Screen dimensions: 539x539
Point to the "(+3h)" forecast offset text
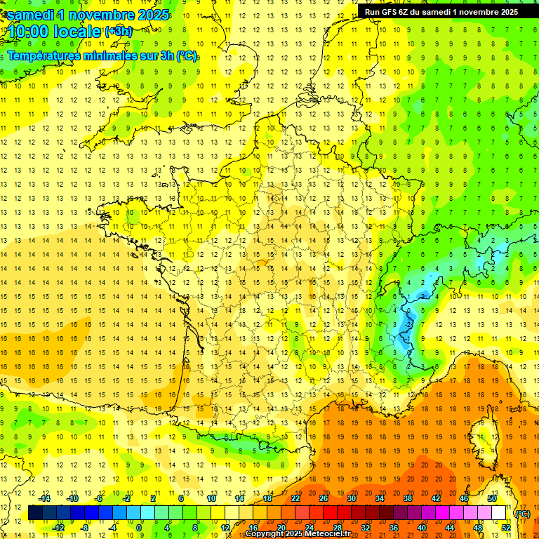(118, 31)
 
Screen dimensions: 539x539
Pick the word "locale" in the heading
(78, 32)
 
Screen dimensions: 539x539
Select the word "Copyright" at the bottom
(263, 534)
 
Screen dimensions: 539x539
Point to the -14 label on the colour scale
(44, 498)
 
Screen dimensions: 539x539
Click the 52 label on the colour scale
(506, 528)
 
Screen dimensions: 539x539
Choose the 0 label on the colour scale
(140, 528)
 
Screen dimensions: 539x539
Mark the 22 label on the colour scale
(295, 498)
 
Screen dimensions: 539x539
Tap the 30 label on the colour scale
(352, 498)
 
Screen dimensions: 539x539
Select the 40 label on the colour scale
(422, 528)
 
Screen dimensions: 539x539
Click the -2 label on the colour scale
(126, 498)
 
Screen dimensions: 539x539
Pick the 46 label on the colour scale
(464, 498)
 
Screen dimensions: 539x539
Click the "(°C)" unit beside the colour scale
(523, 514)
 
